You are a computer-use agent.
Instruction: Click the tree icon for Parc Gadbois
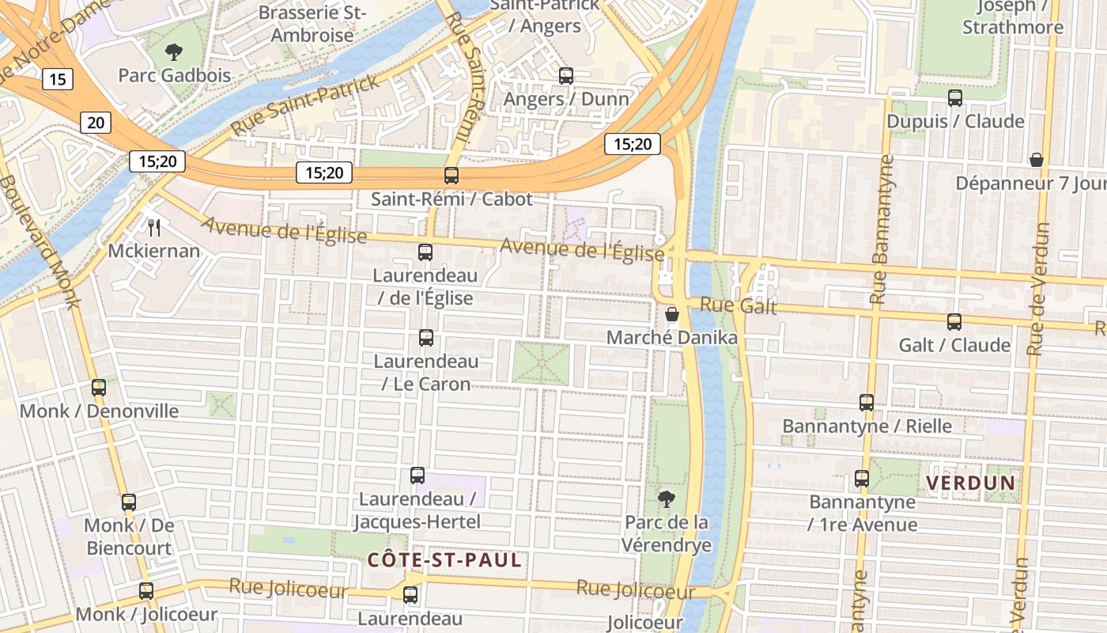[x=173, y=53]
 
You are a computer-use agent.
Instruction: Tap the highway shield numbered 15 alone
[x=57, y=78]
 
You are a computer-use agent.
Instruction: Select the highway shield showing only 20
[x=95, y=122]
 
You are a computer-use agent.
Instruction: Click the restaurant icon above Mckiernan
[x=154, y=228]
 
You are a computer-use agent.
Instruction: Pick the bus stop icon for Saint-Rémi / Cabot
[x=451, y=176]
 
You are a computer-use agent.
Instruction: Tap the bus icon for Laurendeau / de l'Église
[x=425, y=252]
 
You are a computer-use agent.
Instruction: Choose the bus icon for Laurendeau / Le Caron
[x=426, y=338]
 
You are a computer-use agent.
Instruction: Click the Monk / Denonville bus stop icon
[x=99, y=388]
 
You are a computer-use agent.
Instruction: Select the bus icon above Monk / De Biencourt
[x=129, y=502]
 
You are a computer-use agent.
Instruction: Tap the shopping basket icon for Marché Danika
[x=672, y=314]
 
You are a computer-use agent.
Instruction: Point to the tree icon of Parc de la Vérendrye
[x=667, y=498]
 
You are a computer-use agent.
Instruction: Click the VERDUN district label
[x=970, y=482]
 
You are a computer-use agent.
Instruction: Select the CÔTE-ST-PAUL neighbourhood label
[x=444, y=560]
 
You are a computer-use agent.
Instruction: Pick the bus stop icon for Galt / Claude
[x=954, y=322]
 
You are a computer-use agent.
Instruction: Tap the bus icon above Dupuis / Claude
[x=955, y=98]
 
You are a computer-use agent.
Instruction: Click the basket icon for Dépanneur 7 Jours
[x=1037, y=160]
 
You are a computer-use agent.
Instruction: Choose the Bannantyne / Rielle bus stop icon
[x=867, y=403]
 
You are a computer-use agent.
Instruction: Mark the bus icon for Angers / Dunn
[x=566, y=76]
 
